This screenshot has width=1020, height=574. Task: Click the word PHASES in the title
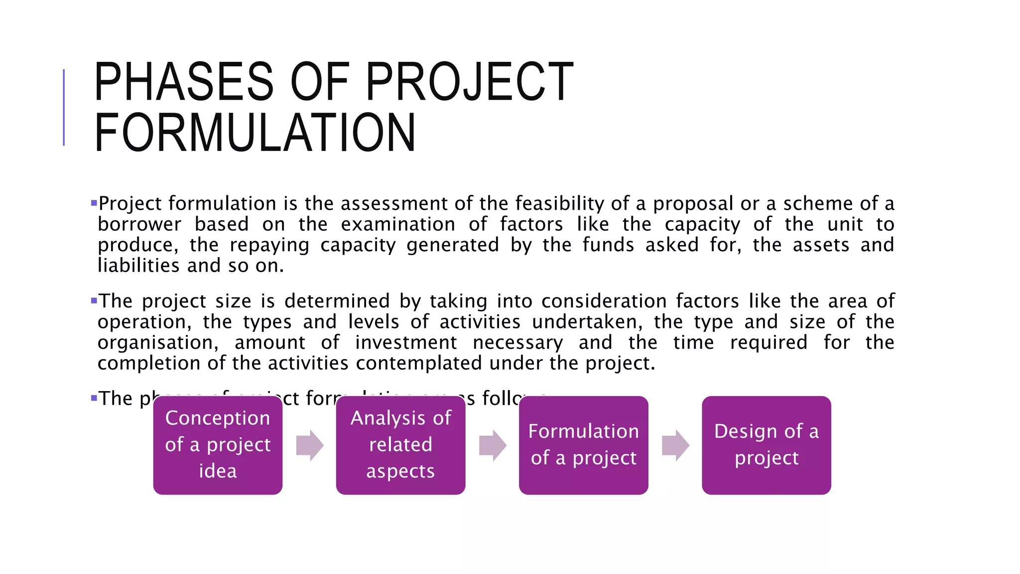click(183, 82)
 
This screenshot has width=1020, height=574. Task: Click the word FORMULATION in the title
click(255, 133)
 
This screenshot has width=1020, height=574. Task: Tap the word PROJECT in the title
click(469, 82)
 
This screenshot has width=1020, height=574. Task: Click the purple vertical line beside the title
click(64, 107)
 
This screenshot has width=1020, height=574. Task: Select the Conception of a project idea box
click(218, 445)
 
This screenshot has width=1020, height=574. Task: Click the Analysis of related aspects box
click(400, 445)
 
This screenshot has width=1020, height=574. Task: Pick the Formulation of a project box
click(583, 445)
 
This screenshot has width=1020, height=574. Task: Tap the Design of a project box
click(766, 445)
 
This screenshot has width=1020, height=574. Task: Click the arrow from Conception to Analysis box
click(309, 445)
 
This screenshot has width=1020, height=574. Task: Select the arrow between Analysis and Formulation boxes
click(492, 445)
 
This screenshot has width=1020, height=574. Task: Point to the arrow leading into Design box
click(675, 445)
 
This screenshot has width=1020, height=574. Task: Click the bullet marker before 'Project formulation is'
click(94, 203)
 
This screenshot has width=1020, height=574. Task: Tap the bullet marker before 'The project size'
click(94, 300)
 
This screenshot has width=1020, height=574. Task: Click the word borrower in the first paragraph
click(139, 225)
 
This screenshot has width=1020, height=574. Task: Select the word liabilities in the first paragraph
click(138, 266)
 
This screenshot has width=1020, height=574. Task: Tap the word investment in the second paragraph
click(405, 343)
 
